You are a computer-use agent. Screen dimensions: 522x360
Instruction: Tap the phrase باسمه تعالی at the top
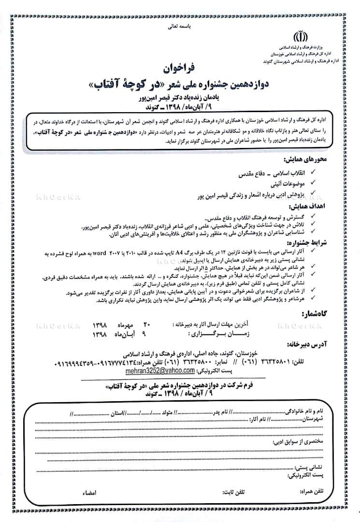(180, 28)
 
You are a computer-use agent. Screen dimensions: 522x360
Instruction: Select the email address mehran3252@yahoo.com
(153, 370)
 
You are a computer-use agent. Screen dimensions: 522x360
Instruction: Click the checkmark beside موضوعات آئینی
(313, 182)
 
